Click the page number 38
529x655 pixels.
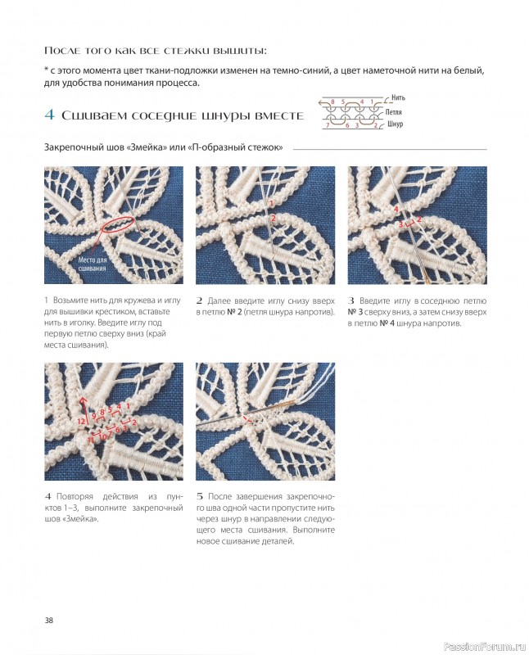point(49,621)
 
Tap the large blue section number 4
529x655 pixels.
point(49,115)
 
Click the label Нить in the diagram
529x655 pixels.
point(398,97)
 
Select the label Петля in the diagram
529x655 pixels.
point(393,112)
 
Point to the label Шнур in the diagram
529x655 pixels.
point(395,124)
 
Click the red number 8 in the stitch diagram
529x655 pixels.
point(332,102)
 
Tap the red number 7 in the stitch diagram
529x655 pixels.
point(328,125)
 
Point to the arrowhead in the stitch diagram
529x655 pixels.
point(320,102)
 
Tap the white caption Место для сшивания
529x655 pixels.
point(93,264)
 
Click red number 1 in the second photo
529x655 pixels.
point(271,203)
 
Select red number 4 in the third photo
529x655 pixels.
point(396,209)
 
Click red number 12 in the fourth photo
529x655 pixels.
point(81,422)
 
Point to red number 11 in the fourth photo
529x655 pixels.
point(91,440)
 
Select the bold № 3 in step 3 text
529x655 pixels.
point(355,312)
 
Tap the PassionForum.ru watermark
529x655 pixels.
point(484,647)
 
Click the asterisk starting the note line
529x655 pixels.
point(46,70)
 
